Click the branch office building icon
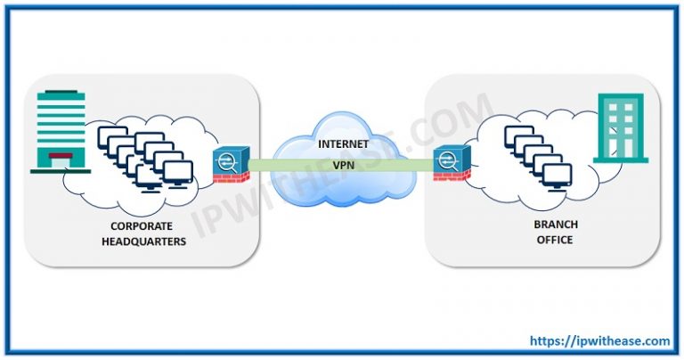[621, 129]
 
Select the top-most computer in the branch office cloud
[518, 135]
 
